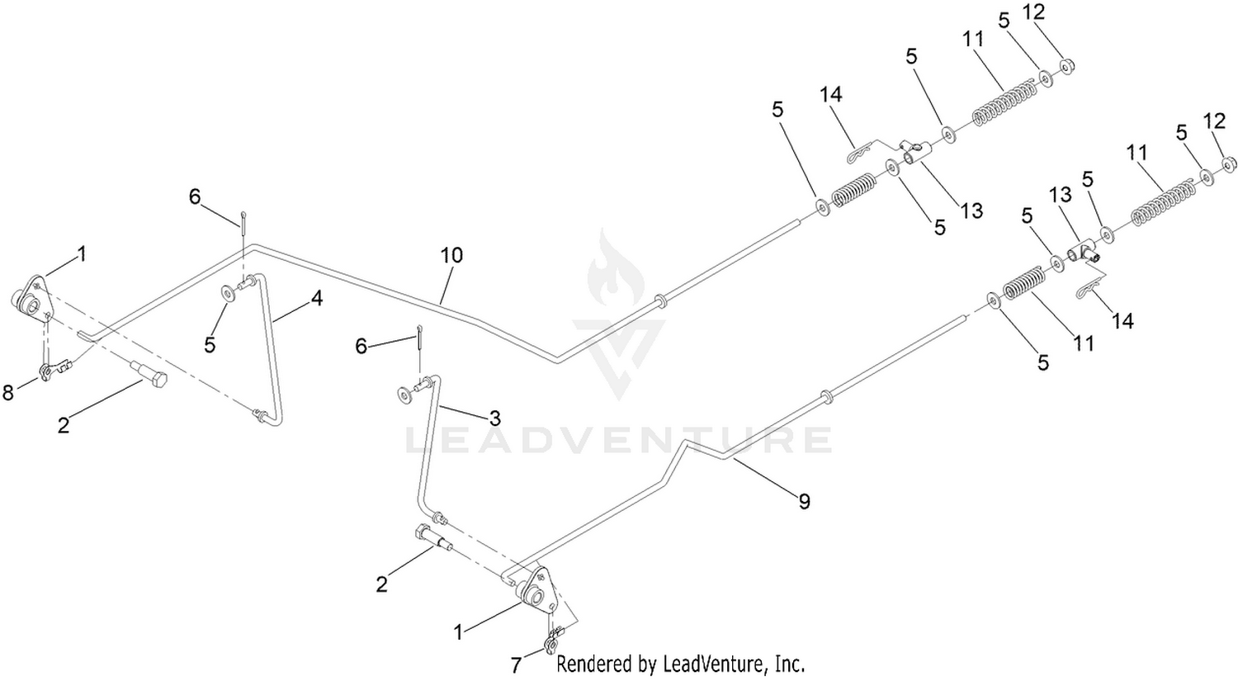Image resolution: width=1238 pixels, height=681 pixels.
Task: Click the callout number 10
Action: point(451,255)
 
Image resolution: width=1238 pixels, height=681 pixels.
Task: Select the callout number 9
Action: point(804,500)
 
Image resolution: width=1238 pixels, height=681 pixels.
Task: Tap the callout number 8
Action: point(8,393)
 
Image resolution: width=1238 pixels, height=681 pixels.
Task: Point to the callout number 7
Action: point(516,665)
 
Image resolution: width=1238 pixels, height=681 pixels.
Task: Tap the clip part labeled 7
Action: point(552,640)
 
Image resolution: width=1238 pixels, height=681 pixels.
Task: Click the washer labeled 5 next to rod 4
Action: point(225,293)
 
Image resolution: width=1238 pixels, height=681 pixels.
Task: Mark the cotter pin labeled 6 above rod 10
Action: point(245,221)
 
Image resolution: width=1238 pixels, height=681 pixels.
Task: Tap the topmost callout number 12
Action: point(1032,12)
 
